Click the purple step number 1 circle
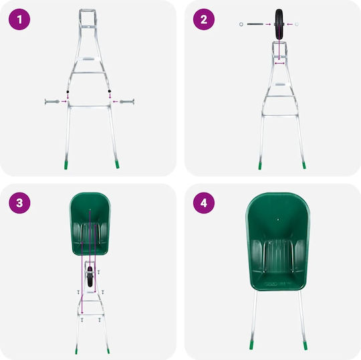(19, 19)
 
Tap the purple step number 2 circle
(204, 19)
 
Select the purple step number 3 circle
(19, 203)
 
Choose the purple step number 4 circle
(204, 203)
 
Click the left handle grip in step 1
(52, 102)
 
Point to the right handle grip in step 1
(127, 102)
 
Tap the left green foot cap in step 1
(66, 165)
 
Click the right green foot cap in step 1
(117, 165)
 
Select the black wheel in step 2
(279, 24)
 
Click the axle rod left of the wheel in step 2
(255, 24)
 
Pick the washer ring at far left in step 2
(241, 24)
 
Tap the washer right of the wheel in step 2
(297, 24)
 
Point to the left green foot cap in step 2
(260, 166)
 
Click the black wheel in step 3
(90, 276)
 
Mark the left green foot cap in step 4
(251, 345)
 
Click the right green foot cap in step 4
(305, 345)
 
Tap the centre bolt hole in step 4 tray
(278, 219)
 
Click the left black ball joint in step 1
(68, 92)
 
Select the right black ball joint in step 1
(110, 91)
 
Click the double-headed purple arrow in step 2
(279, 63)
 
